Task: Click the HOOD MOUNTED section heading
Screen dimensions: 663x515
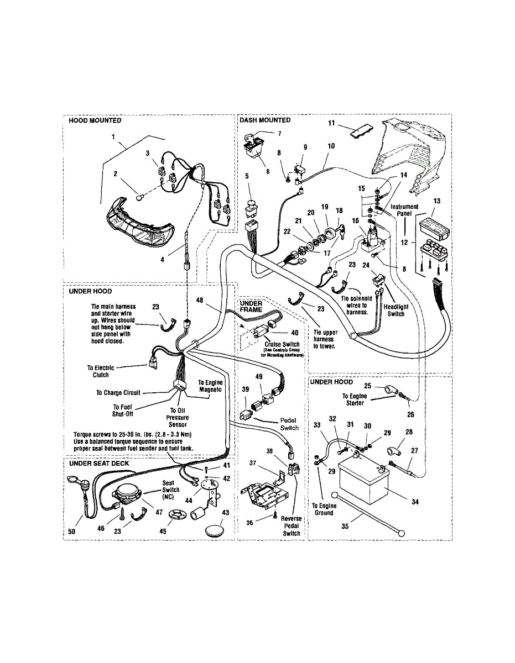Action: (x=95, y=120)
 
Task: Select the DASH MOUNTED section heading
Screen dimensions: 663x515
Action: (x=264, y=120)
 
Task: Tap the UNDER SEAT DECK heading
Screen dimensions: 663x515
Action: (x=99, y=464)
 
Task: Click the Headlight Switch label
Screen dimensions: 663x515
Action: (x=396, y=310)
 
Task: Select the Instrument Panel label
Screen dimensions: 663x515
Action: (x=404, y=211)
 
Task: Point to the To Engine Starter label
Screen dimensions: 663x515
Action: (x=353, y=399)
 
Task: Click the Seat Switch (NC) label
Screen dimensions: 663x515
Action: (x=171, y=490)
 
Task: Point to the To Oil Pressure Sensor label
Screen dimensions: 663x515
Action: (x=178, y=418)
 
